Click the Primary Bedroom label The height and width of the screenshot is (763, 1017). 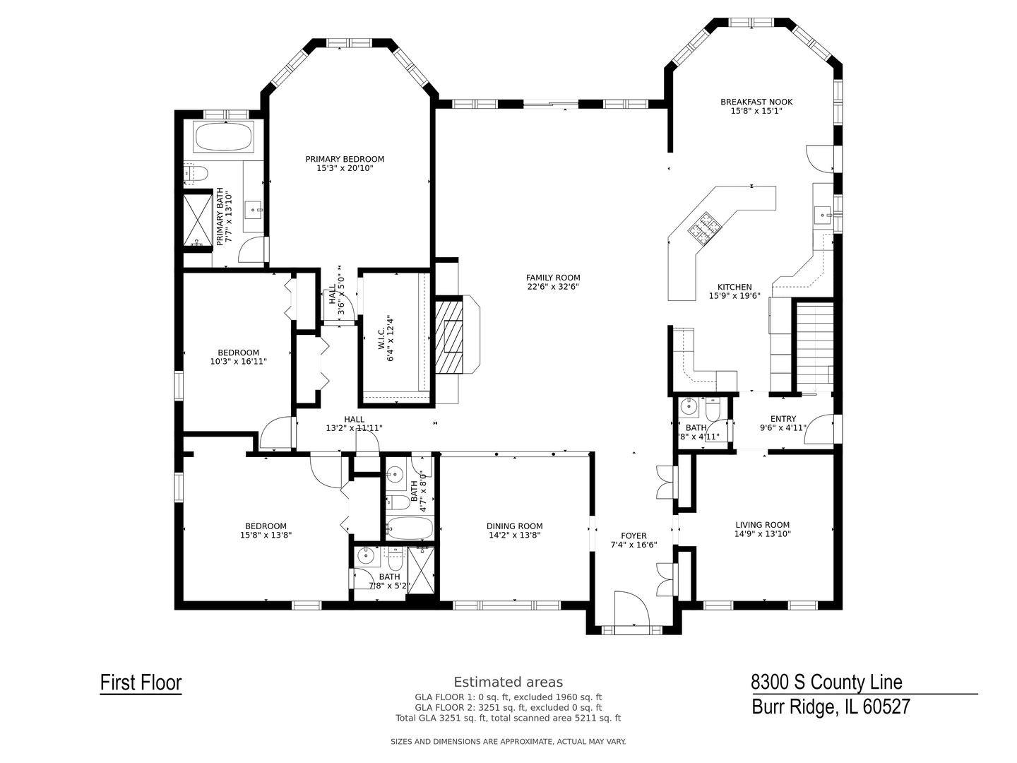(x=344, y=159)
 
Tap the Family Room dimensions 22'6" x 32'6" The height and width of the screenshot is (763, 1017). (x=553, y=287)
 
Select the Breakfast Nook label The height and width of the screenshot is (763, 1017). (x=756, y=102)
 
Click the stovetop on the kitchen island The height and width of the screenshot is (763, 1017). (x=704, y=227)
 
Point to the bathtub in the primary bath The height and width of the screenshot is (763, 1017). (x=223, y=136)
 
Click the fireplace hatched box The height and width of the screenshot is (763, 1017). (x=448, y=337)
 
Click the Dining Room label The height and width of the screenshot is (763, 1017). (x=514, y=526)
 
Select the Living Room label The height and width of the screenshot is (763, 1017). (x=762, y=525)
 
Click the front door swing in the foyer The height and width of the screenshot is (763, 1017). (x=632, y=609)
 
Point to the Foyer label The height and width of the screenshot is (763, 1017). (x=634, y=536)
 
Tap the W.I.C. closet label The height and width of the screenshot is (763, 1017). (x=381, y=338)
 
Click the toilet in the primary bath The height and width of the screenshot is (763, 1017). (x=196, y=173)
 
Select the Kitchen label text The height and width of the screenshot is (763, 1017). (x=734, y=288)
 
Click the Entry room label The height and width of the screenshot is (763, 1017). (x=783, y=419)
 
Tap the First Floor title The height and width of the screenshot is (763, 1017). (x=141, y=682)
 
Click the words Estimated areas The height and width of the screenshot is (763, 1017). (x=509, y=682)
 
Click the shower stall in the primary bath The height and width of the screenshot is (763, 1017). (x=198, y=220)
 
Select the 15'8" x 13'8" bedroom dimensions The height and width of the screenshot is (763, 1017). (x=266, y=535)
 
